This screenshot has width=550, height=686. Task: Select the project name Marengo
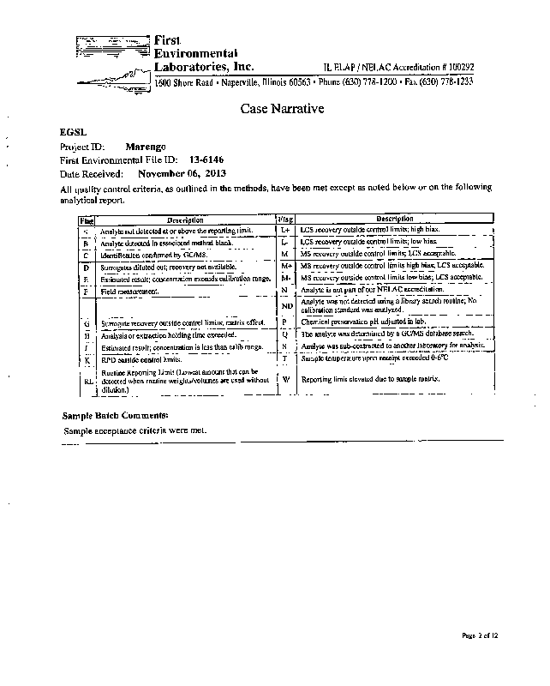[146, 147]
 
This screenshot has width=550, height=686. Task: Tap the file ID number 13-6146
[206, 160]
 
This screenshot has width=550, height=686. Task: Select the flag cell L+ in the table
[286, 231]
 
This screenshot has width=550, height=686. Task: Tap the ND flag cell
[287, 306]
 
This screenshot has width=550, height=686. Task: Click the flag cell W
[286, 380]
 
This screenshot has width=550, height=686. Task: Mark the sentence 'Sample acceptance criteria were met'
[135, 430]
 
